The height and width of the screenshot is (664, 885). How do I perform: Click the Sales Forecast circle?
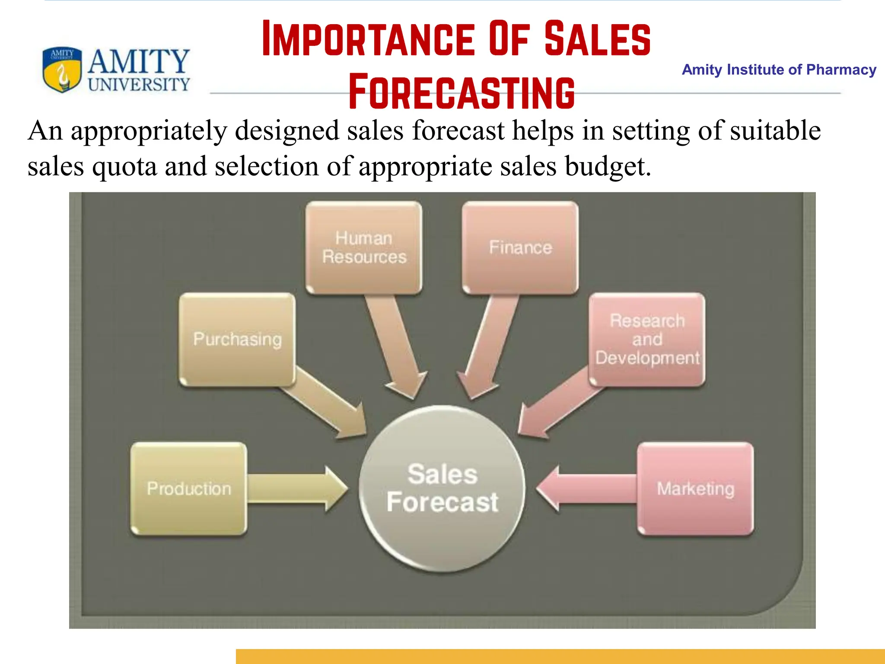click(x=442, y=488)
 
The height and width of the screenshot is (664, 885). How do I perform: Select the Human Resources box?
click(x=364, y=248)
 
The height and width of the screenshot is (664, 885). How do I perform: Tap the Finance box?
click(x=520, y=248)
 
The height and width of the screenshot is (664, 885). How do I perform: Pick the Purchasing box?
click(x=237, y=339)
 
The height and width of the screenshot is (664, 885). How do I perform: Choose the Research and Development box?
click(x=647, y=339)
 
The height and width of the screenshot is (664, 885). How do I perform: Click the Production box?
click(x=189, y=488)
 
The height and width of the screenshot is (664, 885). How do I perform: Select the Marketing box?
click(x=695, y=488)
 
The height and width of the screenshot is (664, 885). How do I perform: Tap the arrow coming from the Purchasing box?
click(x=328, y=406)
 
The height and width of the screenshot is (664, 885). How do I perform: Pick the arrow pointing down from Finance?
click(x=488, y=346)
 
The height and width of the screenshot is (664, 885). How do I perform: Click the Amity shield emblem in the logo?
click(x=62, y=70)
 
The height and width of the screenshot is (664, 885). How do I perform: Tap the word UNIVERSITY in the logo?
click(x=139, y=85)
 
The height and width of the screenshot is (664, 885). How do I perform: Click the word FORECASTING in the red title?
click(x=461, y=93)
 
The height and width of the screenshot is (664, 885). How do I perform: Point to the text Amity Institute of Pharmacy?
click(x=779, y=70)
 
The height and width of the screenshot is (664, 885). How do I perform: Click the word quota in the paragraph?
click(x=124, y=166)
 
